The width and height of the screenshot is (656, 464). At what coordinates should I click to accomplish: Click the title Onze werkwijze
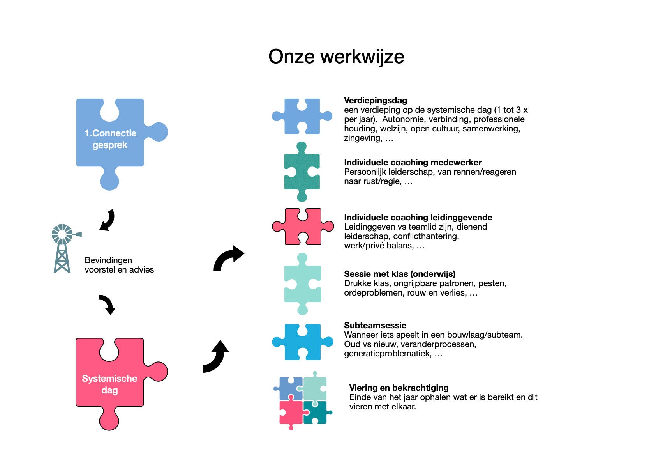click(x=336, y=57)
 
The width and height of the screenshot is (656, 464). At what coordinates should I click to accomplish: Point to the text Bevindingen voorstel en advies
click(x=119, y=265)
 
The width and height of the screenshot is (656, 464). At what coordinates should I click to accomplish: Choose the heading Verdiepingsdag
click(x=375, y=101)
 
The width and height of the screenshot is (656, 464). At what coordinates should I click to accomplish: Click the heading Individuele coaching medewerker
click(x=413, y=163)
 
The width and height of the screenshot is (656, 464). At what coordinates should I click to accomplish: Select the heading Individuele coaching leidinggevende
click(x=418, y=218)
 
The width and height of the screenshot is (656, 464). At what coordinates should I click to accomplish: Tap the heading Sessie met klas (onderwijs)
click(x=399, y=274)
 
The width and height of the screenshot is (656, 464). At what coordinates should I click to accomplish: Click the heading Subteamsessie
click(x=375, y=326)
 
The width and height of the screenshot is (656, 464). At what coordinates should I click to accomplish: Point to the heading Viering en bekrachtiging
click(x=399, y=388)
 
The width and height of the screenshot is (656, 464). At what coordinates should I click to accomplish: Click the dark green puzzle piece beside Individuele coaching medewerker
click(x=302, y=172)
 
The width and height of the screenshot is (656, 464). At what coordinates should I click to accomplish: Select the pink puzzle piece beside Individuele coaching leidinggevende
click(x=302, y=227)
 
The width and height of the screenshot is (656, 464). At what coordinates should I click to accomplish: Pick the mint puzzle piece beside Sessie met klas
click(x=302, y=284)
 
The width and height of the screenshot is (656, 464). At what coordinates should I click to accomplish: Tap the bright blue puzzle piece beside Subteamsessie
click(x=302, y=342)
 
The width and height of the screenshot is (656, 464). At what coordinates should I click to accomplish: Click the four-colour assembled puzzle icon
click(x=303, y=400)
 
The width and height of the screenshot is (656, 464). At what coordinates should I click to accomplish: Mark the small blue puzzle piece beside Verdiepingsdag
click(x=302, y=116)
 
